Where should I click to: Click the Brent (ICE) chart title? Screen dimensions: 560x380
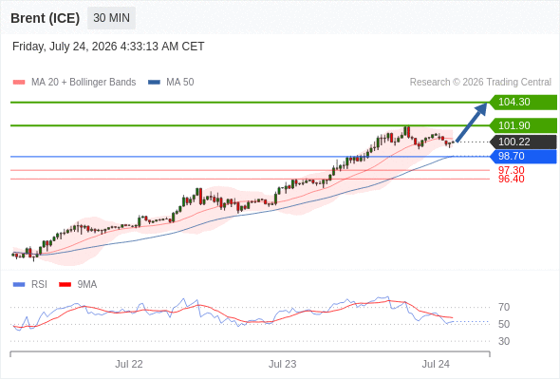point(45,18)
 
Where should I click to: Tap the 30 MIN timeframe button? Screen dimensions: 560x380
point(111,17)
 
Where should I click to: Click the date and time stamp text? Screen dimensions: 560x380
point(108,47)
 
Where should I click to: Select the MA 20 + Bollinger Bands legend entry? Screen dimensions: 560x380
point(74,83)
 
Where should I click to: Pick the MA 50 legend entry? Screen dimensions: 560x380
point(171,83)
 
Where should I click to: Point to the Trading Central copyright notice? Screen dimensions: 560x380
point(480,83)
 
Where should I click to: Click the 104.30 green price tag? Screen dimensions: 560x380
point(523,103)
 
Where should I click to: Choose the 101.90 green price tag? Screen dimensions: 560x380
point(523,125)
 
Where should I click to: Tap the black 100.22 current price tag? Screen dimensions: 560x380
point(523,142)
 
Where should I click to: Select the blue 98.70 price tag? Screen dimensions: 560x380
point(523,156)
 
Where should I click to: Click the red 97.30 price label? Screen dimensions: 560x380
point(511,170)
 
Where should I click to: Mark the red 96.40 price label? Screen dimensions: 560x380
point(511,179)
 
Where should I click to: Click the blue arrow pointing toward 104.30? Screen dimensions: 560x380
point(472,123)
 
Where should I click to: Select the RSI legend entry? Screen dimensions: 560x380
point(30,285)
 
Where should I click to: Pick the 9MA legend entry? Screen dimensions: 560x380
point(78,285)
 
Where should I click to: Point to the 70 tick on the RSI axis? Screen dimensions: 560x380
point(504,307)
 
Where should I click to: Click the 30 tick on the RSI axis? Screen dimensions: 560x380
point(504,341)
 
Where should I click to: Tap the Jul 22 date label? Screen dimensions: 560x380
point(129,364)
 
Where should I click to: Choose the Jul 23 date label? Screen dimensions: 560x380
point(283,364)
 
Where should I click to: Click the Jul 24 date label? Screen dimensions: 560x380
point(436,364)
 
